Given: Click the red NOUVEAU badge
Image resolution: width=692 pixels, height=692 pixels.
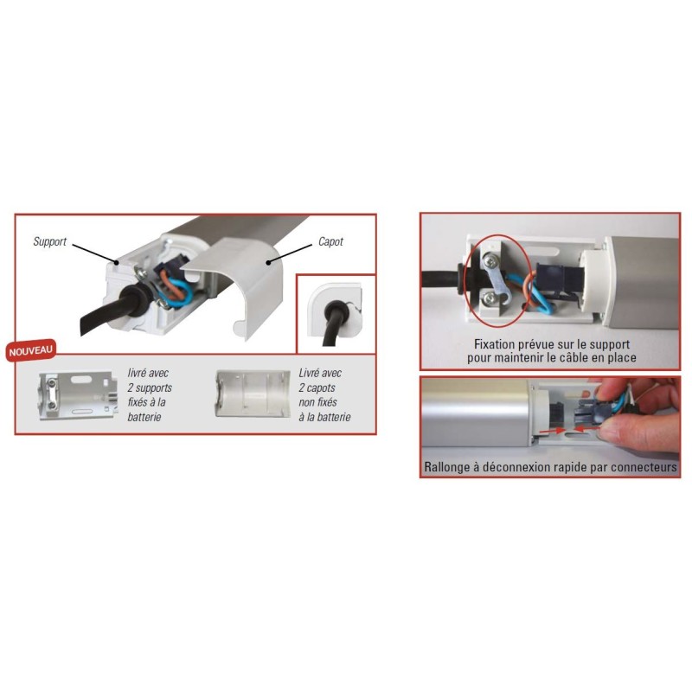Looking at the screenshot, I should (x=31, y=351).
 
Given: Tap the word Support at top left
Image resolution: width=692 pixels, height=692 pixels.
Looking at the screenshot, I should (x=49, y=241).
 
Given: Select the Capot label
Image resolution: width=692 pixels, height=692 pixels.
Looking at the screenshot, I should (x=330, y=242).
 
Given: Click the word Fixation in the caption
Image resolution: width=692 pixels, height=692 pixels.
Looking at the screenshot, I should (x=489, y=343).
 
